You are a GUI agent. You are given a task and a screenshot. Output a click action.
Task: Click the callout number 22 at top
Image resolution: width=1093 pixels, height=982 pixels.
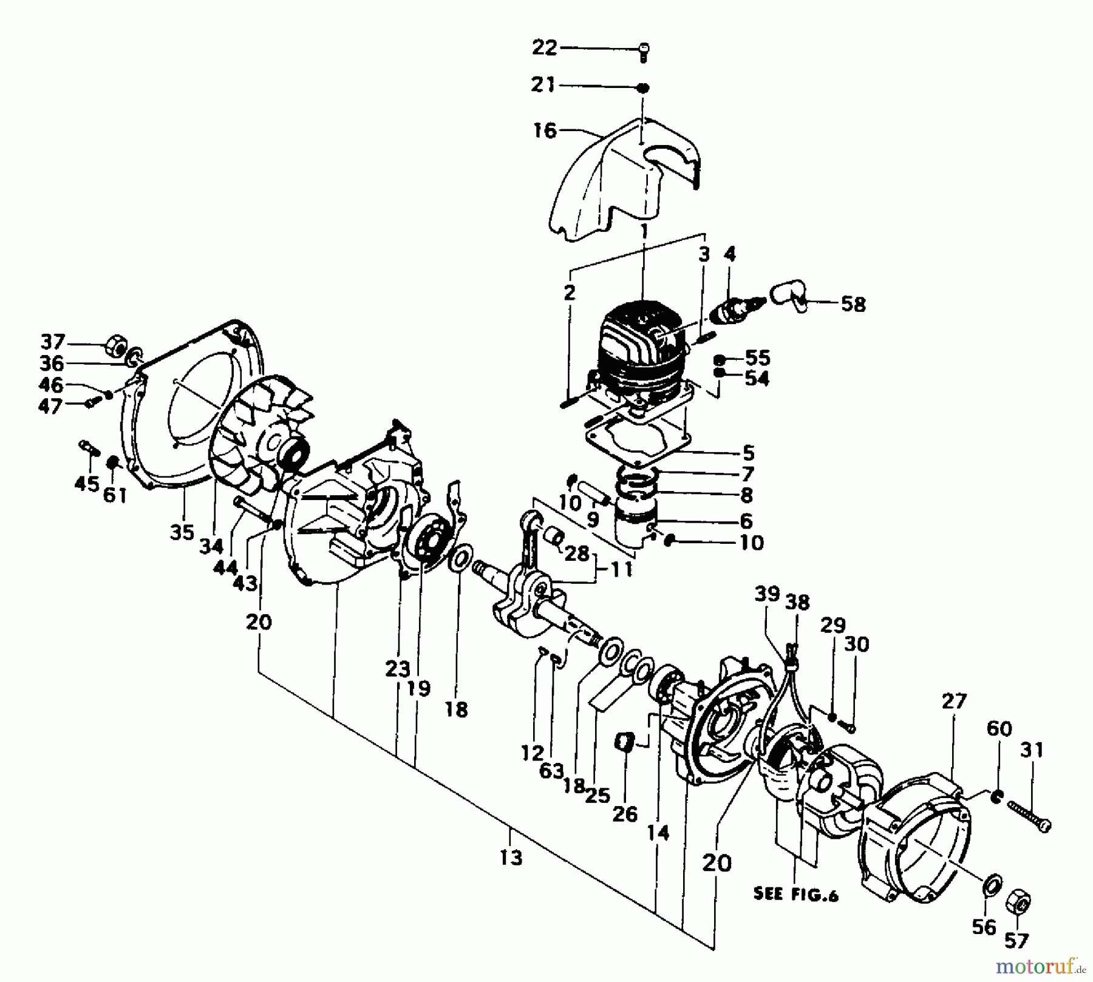(544, 47)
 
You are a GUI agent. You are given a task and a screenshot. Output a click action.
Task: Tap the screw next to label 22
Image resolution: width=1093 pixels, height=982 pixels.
(644, 52)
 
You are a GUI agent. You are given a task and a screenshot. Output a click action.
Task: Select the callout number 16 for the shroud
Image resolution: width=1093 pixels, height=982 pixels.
(545, 130)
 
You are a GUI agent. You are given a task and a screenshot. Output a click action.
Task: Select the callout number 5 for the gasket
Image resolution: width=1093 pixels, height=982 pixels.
(748, 453)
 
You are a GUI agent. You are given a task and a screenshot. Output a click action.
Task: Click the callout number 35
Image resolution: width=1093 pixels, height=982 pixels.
(182, 533)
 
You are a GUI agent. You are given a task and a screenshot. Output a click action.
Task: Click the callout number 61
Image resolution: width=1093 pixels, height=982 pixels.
(115, 495)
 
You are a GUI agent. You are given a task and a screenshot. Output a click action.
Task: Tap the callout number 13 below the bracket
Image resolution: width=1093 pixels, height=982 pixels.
(511, 858)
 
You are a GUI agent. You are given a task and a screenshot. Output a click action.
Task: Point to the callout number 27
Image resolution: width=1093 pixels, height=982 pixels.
(954, 702)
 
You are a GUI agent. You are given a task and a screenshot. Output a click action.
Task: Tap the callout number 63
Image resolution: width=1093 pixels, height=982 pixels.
(551, 771)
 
